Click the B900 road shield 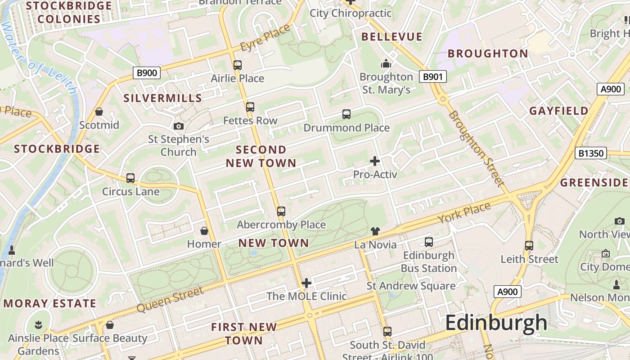(147, 73)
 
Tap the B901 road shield (432, 76)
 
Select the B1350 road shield (590, 153)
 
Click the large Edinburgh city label (496, 323)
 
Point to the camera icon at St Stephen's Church (179, 126)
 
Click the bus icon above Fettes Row (250, 107)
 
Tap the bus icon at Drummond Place (346, 114)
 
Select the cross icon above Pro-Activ (374, 161)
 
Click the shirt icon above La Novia (375, 231)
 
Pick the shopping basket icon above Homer (204, 231)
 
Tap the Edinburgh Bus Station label (429, 261)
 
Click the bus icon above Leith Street (529, 246)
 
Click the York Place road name (464, 213)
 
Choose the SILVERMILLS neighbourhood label (162, 98)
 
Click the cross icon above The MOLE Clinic (306, 283)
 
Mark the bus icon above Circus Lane (130, 178)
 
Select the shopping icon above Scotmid (99, 112)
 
